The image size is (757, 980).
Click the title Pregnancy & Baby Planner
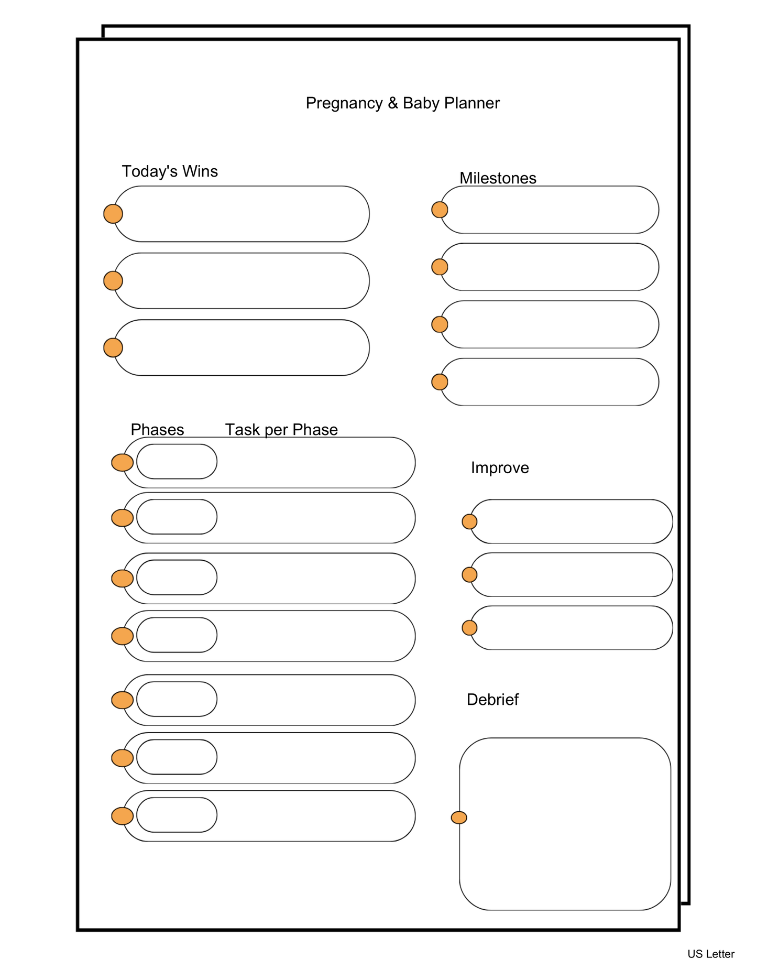[x=402, y=103]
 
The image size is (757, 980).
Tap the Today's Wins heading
[x=170, y=171]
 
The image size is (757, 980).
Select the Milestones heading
[x=498, y=178]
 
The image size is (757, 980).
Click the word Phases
[x=157, y=430]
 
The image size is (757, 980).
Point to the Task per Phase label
[x=281, y=430]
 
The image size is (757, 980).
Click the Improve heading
[x=500, y=467]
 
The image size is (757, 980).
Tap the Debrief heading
[x=492, y=700]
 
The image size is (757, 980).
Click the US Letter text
[x=711, y=954]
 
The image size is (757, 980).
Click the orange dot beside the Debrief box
[x=459, y=818]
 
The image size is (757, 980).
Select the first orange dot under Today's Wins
[x=113, y=214]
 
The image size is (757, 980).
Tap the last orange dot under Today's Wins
[x=113, y=347]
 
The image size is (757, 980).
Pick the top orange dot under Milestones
[x=440, y=210]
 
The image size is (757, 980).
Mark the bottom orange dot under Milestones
[x=440, y=382]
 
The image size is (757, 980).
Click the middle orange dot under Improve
[x=469, y=575]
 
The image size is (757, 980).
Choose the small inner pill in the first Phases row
[x=177, y=462]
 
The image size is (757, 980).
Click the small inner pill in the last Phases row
[x=177, y=815]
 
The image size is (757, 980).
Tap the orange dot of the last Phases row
[x=123, y=816]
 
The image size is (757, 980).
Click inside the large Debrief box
[x=565, y=824]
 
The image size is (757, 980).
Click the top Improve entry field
[x=571, y=521]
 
